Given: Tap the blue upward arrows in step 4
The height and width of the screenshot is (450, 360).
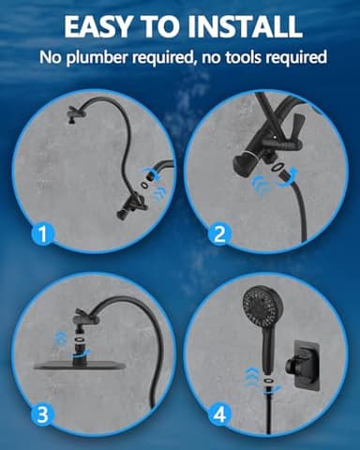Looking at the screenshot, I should pos(248,380).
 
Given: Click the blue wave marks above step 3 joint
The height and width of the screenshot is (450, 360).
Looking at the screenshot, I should pos(58,336).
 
